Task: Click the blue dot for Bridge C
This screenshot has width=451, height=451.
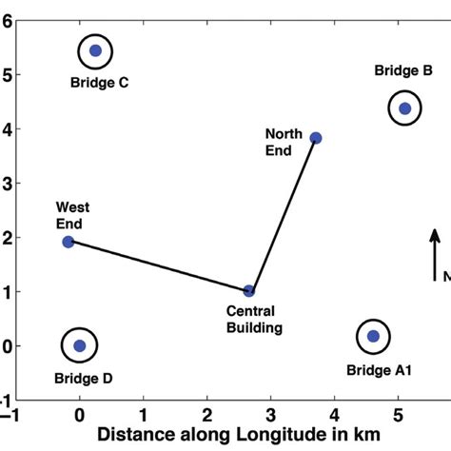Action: click(x=95, y=50)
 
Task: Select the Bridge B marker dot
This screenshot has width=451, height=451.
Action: click(x=405, y=108)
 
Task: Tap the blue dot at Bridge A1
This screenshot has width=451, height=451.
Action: click(x=373, y=336)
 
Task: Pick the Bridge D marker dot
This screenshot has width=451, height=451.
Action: click(x=80, y=345)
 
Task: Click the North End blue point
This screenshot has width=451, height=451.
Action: click(x=316, y=138)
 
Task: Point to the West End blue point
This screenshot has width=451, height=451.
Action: click(x=69, y=242)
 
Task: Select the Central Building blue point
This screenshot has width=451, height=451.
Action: click(x=249, y=290)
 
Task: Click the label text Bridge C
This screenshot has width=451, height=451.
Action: click(x=100, y=83)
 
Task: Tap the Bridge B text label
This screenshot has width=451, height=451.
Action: click(x=403, y=70)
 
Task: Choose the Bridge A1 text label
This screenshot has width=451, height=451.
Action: click(x=380, y=370)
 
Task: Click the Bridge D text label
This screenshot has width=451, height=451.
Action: click(x=84, y=379)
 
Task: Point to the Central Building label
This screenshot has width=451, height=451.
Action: click(x=254, y=320)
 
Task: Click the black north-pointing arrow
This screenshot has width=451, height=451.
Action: click(x=435, y=255)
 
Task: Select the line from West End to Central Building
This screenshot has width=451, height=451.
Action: click(x=159, y=266)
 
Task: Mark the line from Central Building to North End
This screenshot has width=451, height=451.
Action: click(x=284, y=214)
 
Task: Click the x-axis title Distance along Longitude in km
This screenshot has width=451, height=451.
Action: click(x=239, y=434)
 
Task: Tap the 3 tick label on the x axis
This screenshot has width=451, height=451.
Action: click(x=270, y=415)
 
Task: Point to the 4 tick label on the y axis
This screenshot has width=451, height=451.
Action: click(x=7, y=129)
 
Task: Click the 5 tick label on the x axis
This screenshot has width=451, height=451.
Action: click(x=398, y=415)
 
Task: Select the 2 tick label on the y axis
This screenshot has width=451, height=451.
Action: click(x=7, y=238)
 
